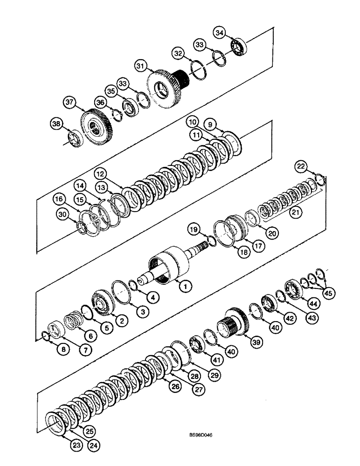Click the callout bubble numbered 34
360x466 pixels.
[219, 32]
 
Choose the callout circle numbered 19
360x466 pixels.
[194, 229]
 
